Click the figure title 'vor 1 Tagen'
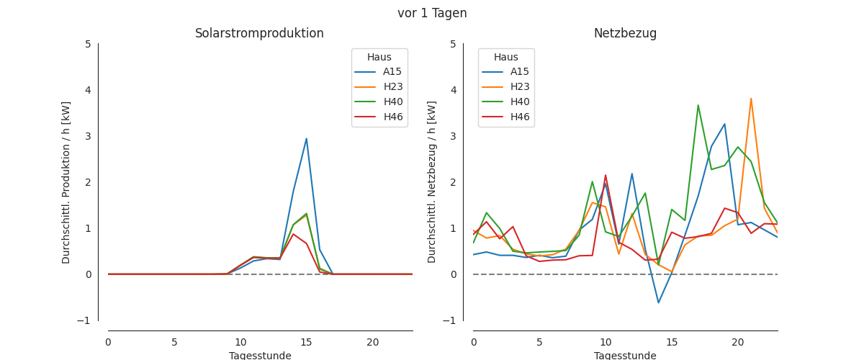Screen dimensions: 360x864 point(432,13)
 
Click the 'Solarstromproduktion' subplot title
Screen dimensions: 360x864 point(259,34)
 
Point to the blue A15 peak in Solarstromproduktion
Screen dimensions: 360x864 point(307,139)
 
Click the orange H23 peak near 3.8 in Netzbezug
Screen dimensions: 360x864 point(751,99)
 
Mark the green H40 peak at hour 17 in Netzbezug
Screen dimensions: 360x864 point(698,105)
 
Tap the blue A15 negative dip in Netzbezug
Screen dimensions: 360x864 point(658,302)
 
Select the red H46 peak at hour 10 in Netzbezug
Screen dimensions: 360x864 point(606,175)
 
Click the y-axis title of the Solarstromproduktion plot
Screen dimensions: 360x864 point(67,182)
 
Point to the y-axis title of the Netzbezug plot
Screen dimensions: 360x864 point(432,182)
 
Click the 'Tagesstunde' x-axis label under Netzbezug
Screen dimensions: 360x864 point(624,356)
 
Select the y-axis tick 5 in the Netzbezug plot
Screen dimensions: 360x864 point(453,44)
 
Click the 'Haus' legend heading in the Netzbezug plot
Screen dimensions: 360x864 point(506,58)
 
